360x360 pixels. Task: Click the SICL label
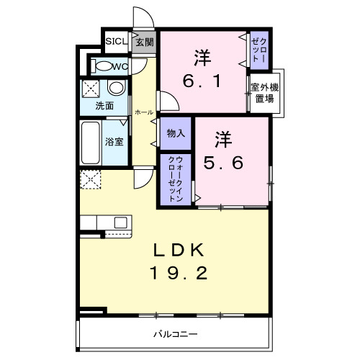coord(116,41)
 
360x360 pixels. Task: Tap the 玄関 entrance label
coord(144,42)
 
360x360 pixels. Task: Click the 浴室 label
coord(114,142)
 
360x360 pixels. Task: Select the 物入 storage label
coord(175,133)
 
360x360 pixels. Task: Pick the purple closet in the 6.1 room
coord(258,51)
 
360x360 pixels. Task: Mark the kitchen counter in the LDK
coord(104,222)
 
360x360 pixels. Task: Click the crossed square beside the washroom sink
coord(91,89)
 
